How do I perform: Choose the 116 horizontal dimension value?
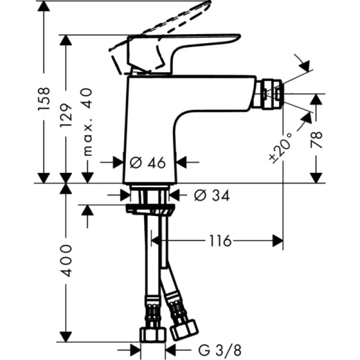[x=220, y=241]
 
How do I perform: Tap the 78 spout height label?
[x=316, y=139]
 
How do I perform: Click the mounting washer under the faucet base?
[x=151, y=208]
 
